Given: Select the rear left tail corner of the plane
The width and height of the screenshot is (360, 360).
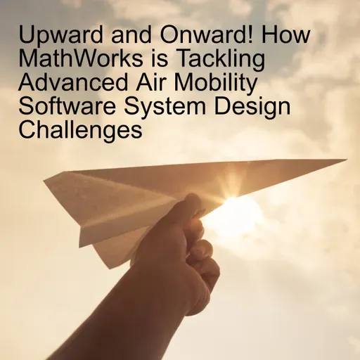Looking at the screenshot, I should (x=47, y=175).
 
